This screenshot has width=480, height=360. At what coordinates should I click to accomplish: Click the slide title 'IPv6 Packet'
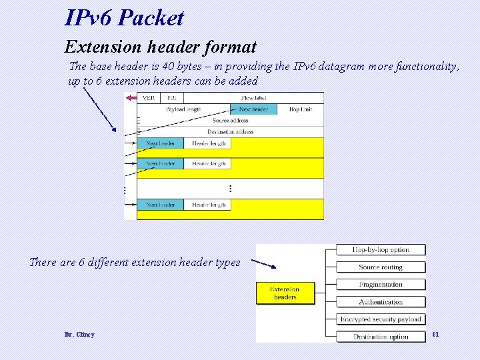tap(124, 17)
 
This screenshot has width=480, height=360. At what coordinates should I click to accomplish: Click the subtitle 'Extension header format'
tap(160, 47)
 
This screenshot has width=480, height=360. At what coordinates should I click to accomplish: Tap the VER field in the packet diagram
tap(149, 98)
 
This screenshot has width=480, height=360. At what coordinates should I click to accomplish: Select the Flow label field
tap(254, 98)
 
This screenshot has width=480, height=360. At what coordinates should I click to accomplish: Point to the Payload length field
tap(183, 109)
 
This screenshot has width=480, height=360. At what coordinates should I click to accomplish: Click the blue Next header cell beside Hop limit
tap(253, 109)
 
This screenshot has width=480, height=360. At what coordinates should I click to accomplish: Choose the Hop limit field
tap(300, 109)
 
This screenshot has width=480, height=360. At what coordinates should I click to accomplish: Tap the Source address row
tap(230, 121)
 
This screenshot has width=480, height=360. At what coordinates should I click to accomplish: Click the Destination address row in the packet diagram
tap(230, 132)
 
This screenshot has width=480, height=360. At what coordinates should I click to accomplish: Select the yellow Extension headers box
tap(285, 293)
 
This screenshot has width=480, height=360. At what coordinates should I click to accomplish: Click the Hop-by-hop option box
tap(381, 250)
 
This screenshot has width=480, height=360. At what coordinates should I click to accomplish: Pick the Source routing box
tap(381, 267)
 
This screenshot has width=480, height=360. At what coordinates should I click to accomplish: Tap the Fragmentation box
tap(381, 285)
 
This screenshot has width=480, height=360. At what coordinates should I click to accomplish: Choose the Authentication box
tap(381, 302)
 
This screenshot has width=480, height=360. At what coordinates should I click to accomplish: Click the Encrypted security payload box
tap(381, 319)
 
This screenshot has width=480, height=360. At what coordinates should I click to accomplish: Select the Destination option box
tap(381, 337)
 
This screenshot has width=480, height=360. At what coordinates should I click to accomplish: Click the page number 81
tap(436, 333)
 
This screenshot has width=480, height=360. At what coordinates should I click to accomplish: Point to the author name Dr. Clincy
tap(79, 334)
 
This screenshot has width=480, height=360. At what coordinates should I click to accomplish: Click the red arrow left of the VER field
tap(131, 98)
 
